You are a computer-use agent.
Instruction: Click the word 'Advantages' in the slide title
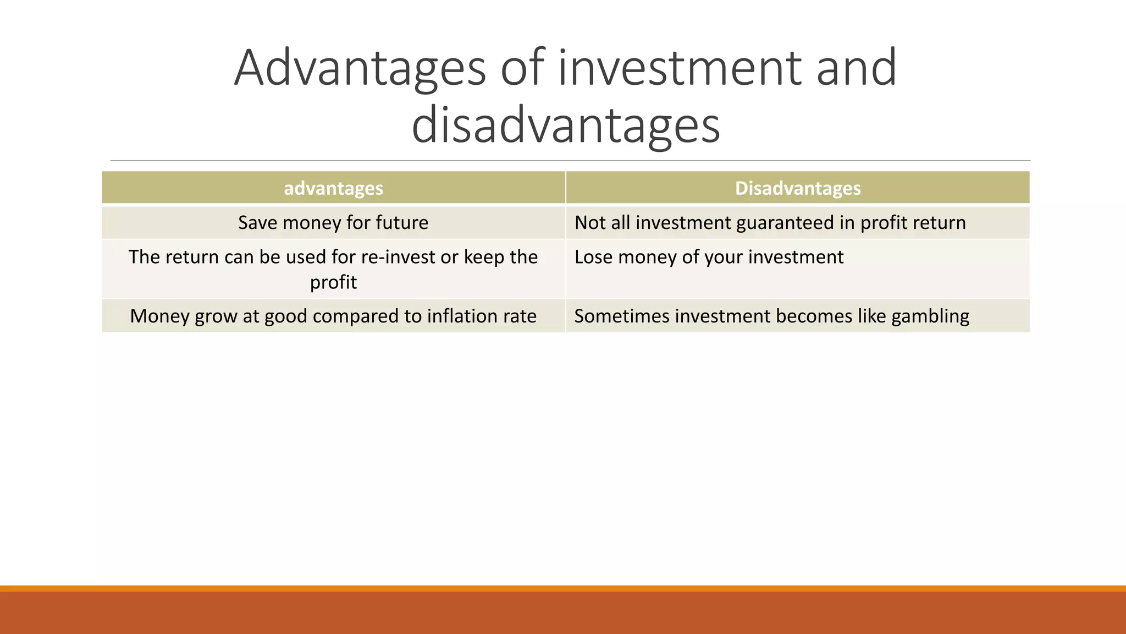pyautogui.click(x=360, y=68)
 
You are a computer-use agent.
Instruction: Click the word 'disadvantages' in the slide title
pyautogui.click(x=565, y=126)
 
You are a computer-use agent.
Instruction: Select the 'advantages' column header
pyautogui.click(x=333, y=188)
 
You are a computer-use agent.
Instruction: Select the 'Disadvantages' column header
pyautogui.click(x=797, y=188)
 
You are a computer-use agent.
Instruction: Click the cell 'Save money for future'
pyautogui.click(x=333, y=222)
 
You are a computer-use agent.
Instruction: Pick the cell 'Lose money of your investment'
pyautogui.click(x=709, y=257)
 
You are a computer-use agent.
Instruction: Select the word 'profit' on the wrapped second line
pyautogui.click(x=333, y=282)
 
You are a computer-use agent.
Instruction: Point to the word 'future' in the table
pyautogui.click(x=402, y=222)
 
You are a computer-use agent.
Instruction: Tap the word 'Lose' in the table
pyautogui.click(x=593, y=257)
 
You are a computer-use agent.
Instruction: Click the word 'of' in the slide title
pyautogui.click(x=522, y=68)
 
